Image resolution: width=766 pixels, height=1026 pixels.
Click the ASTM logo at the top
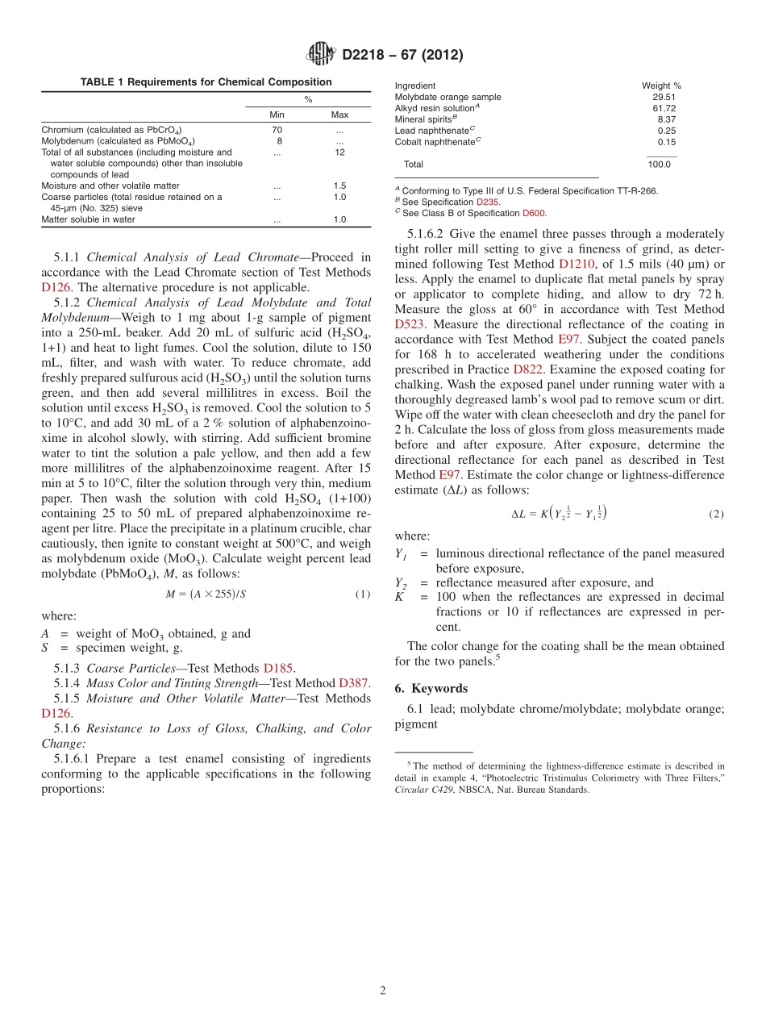click(320, 55)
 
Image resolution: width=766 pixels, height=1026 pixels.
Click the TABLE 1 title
click(206, 81)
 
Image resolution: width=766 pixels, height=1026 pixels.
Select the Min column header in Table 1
click(277, 115)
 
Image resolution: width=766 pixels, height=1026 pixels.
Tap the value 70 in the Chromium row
click(277, 129)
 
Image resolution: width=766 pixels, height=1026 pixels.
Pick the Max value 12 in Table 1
click(339, 152)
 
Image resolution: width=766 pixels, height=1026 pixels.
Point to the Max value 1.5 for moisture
click(339, 186)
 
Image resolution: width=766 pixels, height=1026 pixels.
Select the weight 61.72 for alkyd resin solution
click(664, 108)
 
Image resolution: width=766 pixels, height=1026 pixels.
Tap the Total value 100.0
click(659, 164)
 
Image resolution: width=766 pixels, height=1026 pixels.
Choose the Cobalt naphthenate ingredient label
click(434, 142)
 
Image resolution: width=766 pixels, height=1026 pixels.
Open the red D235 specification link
click(488, 202)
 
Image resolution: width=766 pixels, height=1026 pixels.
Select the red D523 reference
click(410, 324)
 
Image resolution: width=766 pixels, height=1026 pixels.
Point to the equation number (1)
click(363, 594)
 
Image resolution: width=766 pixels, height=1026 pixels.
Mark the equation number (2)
click(716, 513)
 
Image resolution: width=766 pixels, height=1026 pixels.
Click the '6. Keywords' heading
click(431, 688)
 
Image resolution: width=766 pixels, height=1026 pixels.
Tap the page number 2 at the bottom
click(383, 991)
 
